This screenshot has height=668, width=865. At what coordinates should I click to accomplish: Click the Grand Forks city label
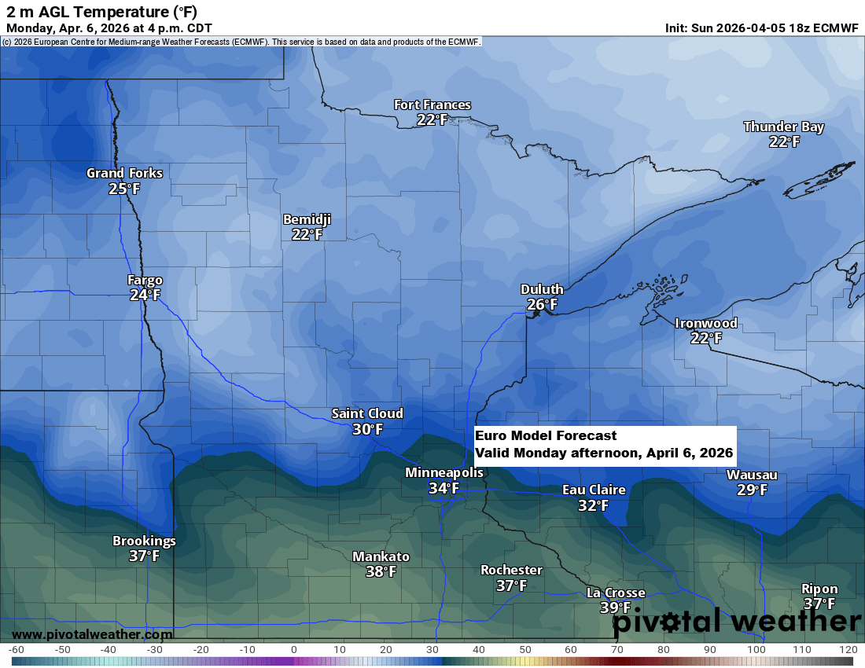pyautogui.click(x=124, y=173)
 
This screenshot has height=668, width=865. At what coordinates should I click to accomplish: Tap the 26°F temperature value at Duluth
pyautogui.click(x=542, y=304)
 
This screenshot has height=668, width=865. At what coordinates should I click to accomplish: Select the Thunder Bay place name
pyautogui.click(x=783, y=127)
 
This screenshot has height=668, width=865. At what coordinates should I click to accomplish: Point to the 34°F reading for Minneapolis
pyautogui.click(x=444, y=488)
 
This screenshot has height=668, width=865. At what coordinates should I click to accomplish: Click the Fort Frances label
pyautogui.click(x=432, y=105)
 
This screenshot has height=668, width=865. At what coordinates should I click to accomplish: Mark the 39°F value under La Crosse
pyautogui.click(x=615, y=607)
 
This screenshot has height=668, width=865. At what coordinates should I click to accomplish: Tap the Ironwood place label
pyautogui.click(x=705, y=323)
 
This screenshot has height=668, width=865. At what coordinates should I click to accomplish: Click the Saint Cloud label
pyautogui.click(x=366, y=413)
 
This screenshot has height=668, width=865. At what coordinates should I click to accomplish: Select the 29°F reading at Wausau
pyautogui.click(x=752, y=490)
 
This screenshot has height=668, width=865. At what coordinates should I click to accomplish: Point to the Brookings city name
pyautogui.click(x=144, y=541)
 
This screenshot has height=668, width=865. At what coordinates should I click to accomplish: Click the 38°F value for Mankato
pyautogui.click(x=381, y=572)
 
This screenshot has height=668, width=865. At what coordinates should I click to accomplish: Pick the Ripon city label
pyautogui.click(x=819, y=589)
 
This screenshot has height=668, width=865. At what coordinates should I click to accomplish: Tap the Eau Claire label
pyautogui.click(x=594, y=490)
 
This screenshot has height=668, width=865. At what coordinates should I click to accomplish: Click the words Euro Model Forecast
pyautogui.click(x=546, y=435)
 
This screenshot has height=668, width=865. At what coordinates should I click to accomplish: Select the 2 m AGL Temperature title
pyautogui.click(x=102, y=11)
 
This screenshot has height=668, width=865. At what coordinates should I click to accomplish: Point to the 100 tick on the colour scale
pyautogui.click(x=756, y=650)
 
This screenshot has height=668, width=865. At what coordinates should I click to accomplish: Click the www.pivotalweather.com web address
pyautogui.click(x=92, y=634)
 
